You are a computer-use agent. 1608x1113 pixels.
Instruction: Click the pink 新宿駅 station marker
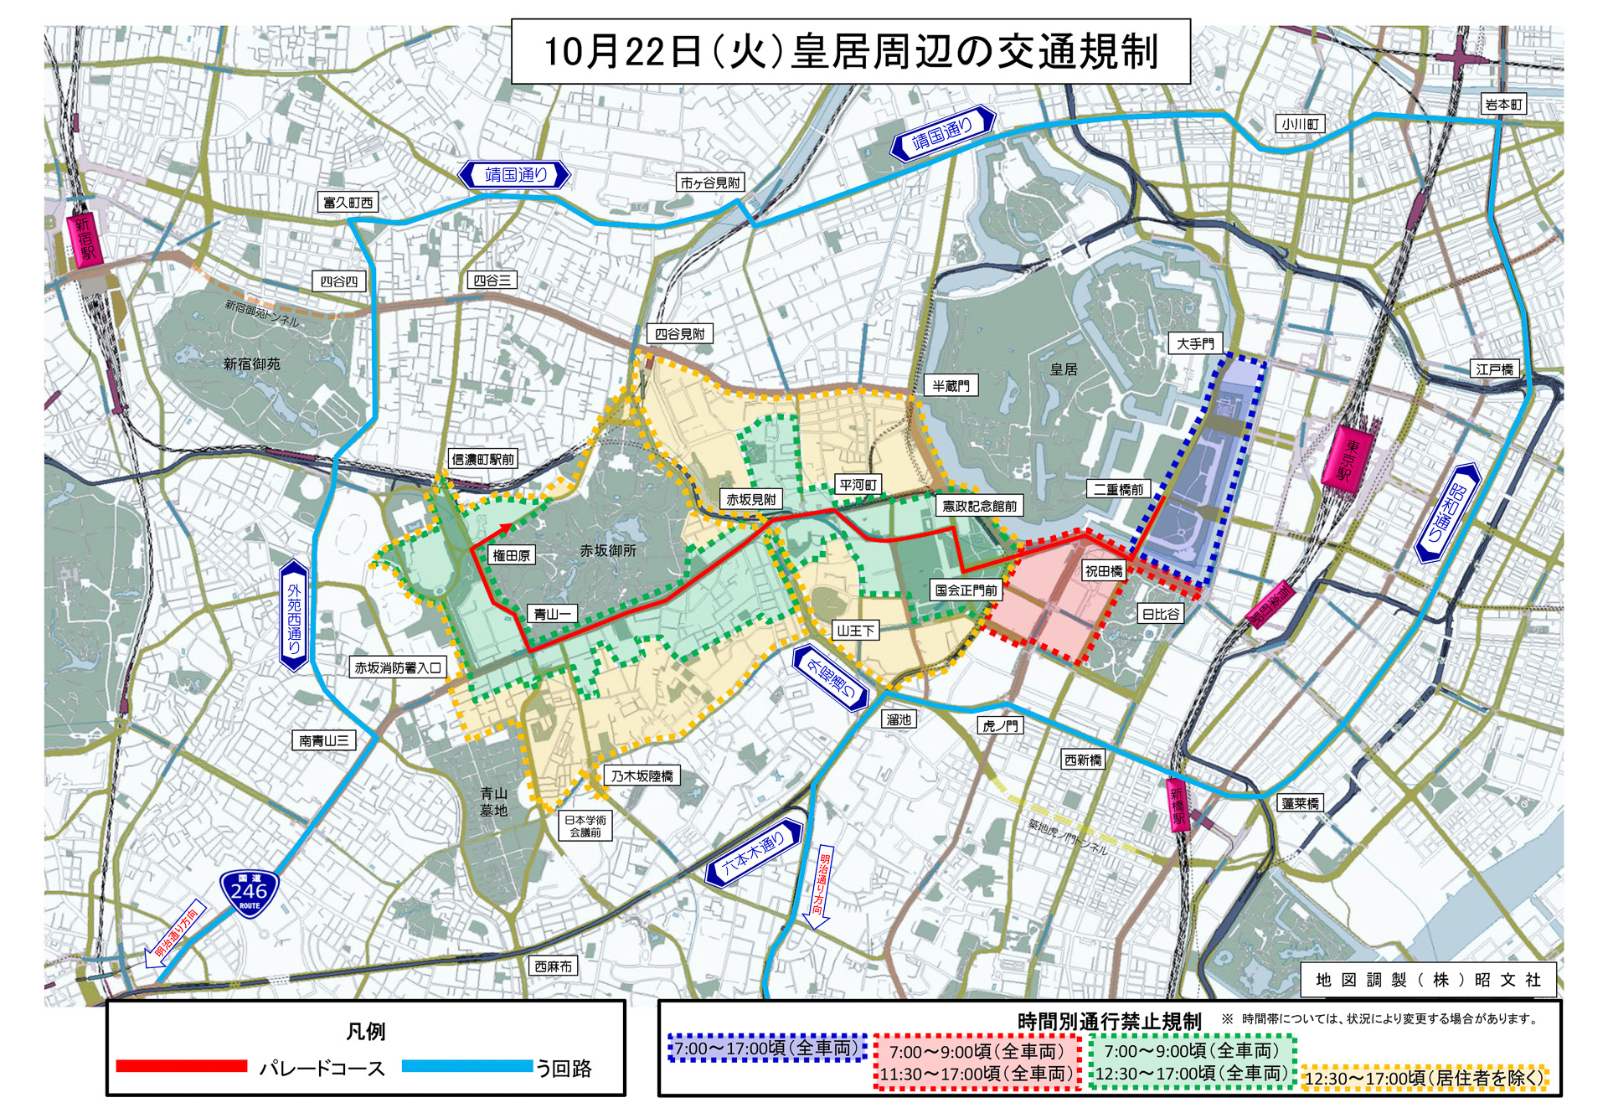(x=84, y=239)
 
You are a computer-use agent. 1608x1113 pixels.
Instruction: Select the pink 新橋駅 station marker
(x=1179, y=805)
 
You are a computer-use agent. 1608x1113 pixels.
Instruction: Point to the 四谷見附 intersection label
(x=679, y=334)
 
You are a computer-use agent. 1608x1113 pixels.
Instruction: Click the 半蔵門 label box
(x=951, y=385)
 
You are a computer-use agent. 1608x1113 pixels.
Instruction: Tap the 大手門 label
(x=1195, y=343)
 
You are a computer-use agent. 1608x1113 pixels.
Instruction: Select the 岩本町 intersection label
(x=1504, y=105)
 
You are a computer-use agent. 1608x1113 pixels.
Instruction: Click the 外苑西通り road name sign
(x=294, y=616)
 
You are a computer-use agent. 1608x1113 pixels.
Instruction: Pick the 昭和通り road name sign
(x=1447, y=513)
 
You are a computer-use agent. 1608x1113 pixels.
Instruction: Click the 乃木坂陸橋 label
(x=642, y=776)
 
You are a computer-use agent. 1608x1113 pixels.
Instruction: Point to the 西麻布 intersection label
(x=554, y=966)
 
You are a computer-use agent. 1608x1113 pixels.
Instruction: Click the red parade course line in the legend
(x=182, y=1066)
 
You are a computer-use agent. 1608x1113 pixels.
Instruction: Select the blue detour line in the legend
(x=466, y=1066)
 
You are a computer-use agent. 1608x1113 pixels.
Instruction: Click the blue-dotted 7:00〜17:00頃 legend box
(x=767, y=1049)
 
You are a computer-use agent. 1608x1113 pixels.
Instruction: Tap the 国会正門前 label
(x=966, y=590)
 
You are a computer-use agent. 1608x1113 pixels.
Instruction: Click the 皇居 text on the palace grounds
(x=1064, y=369)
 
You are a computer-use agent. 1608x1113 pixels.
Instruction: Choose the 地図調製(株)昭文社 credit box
(x=1428, y=980)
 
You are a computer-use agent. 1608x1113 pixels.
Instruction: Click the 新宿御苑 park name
(x=251, y=364)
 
